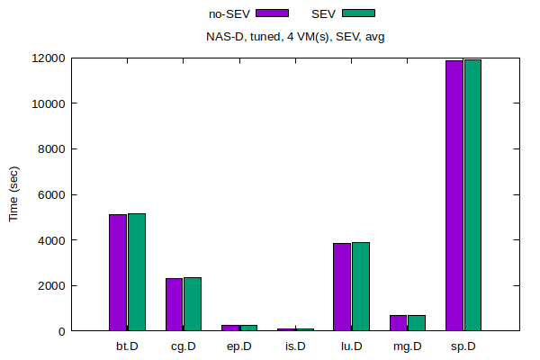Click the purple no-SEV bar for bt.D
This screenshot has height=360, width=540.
pyautogui.click(x=118, y=273)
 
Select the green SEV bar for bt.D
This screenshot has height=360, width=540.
pyautogui.click(x=137, y=272)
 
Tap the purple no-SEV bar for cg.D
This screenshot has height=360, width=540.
pyautogui.click(x=174, y=304)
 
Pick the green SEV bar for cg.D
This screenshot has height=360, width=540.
pyautogui.click(x=193, y=304)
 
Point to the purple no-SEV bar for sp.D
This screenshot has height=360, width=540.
pyautogui.click(x=454, y=195)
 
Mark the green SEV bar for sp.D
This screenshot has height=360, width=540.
pyautogui.click(x=472, y=195)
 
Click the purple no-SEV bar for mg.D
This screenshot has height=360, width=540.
pyautogui.click(x=398, y=323)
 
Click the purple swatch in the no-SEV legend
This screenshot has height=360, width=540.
pyautogui.click(x=272, y=13)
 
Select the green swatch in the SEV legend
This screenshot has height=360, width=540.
pyautogui.click(x=358, y=13)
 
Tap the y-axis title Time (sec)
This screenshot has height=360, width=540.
pyautogui.click(x=13, y=194)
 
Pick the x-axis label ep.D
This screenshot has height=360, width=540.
pyautogui.click(x=239, y=346)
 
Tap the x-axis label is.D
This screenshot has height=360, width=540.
pyautogui.click(x=295, y=346)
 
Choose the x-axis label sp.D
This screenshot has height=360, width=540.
pyautogui.click(x=463, y=346)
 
